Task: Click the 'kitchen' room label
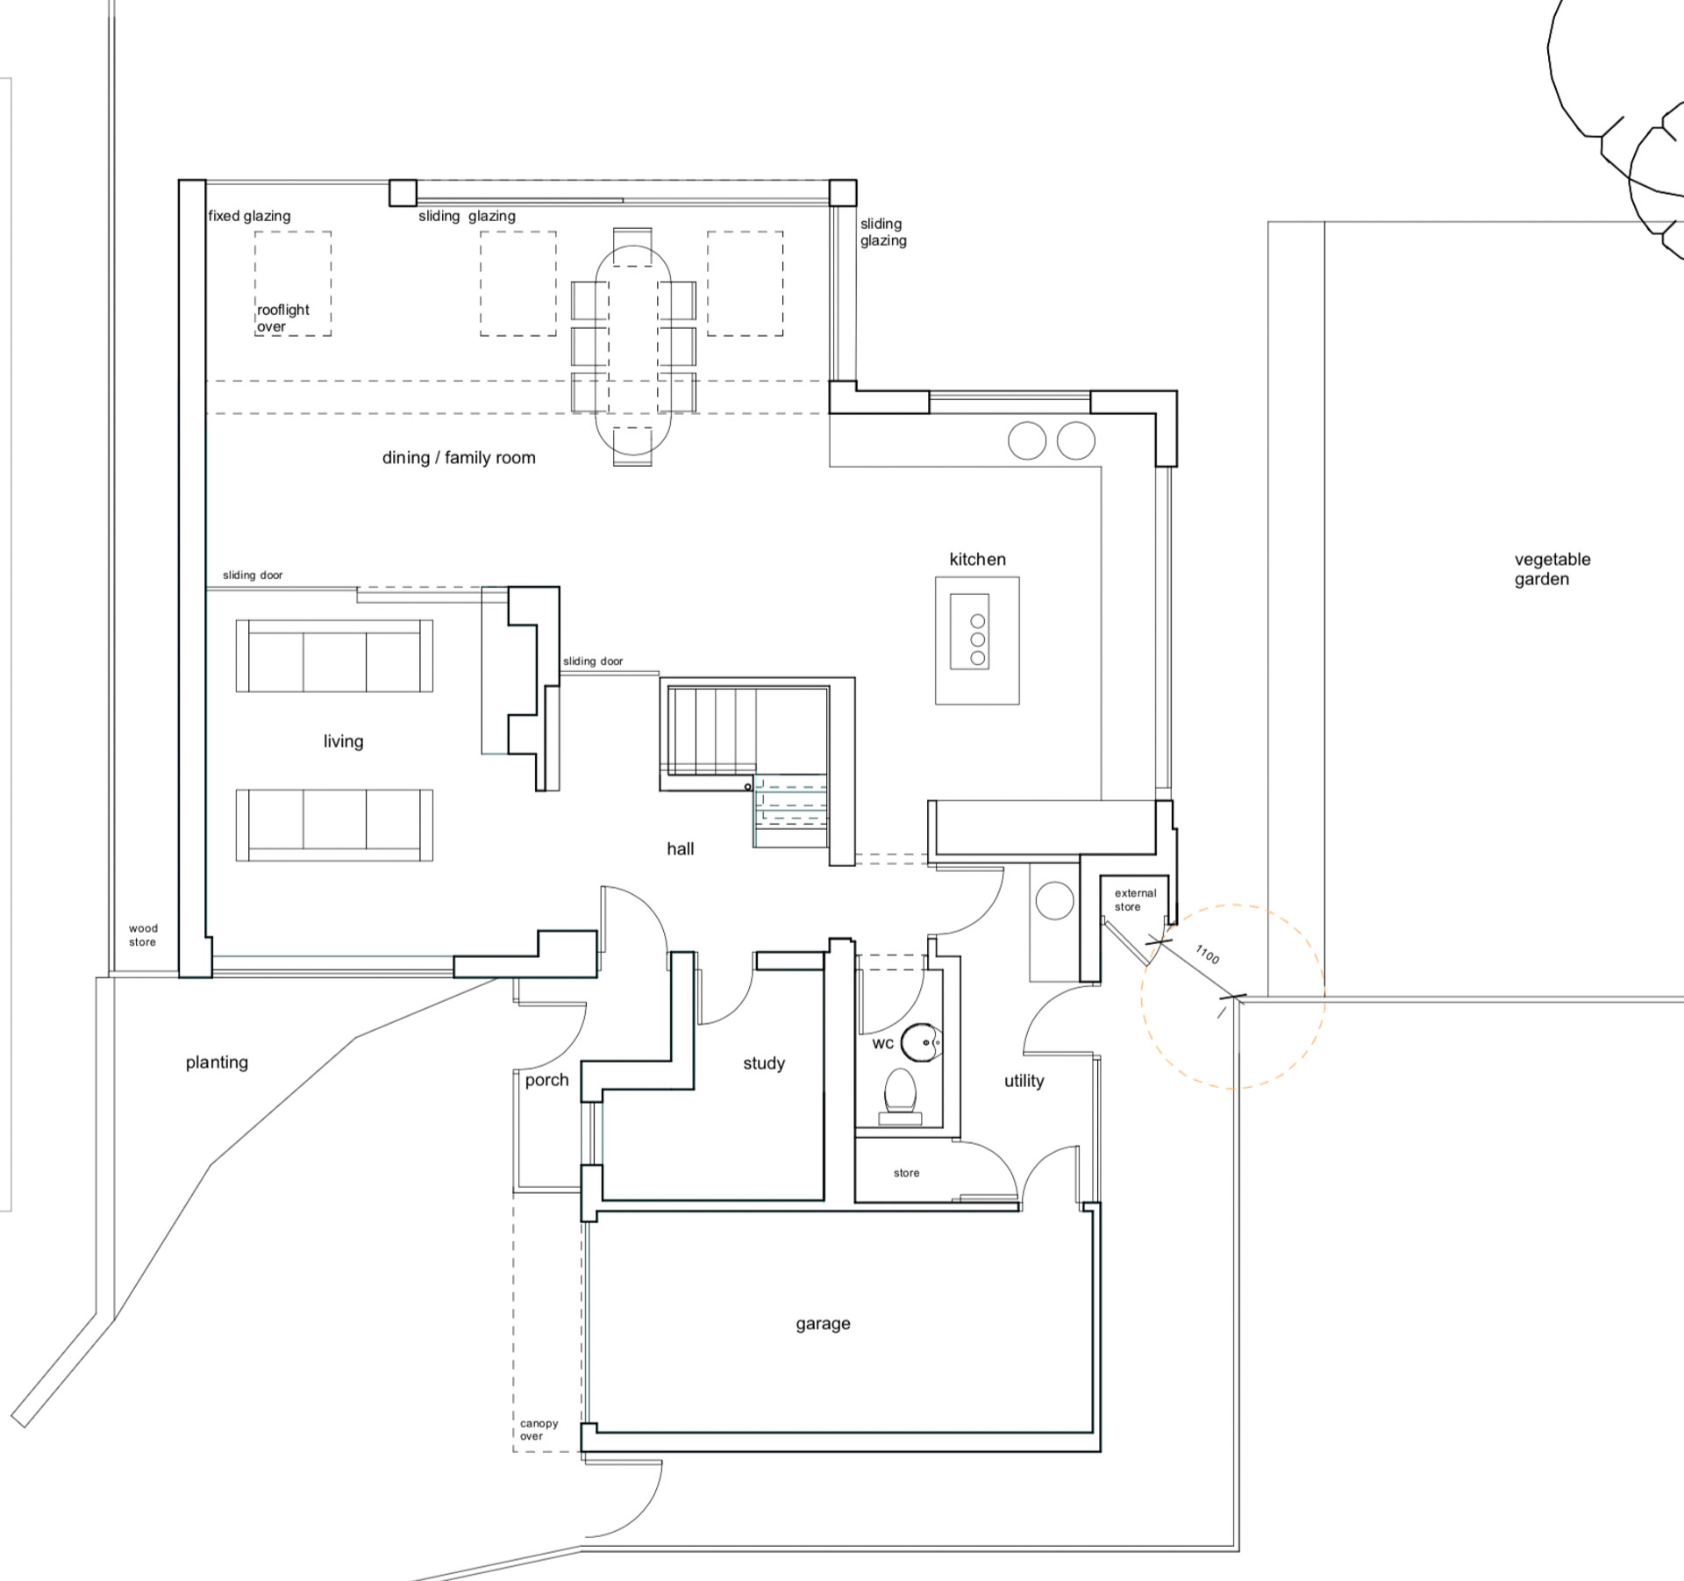pos(977,559)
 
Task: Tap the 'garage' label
pos(823,1324)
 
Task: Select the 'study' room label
pos(764,1063)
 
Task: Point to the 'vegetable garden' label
pos(1552,569)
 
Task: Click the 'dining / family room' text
pos(459,457)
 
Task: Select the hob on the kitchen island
pos(970,632)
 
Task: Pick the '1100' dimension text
pos(1208,955)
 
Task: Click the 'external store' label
pos(1135,900)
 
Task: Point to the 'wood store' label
pos(143,935)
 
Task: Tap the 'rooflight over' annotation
pos(282,318)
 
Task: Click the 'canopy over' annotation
pos(539,1430)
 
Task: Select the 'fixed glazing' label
pos(249,216)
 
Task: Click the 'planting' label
pos(217,1062)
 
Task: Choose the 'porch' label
pos(547,1080)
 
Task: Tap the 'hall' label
pos(681,848)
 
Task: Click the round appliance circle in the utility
pos(1054,901)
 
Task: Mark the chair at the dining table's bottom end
pos(632,447)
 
